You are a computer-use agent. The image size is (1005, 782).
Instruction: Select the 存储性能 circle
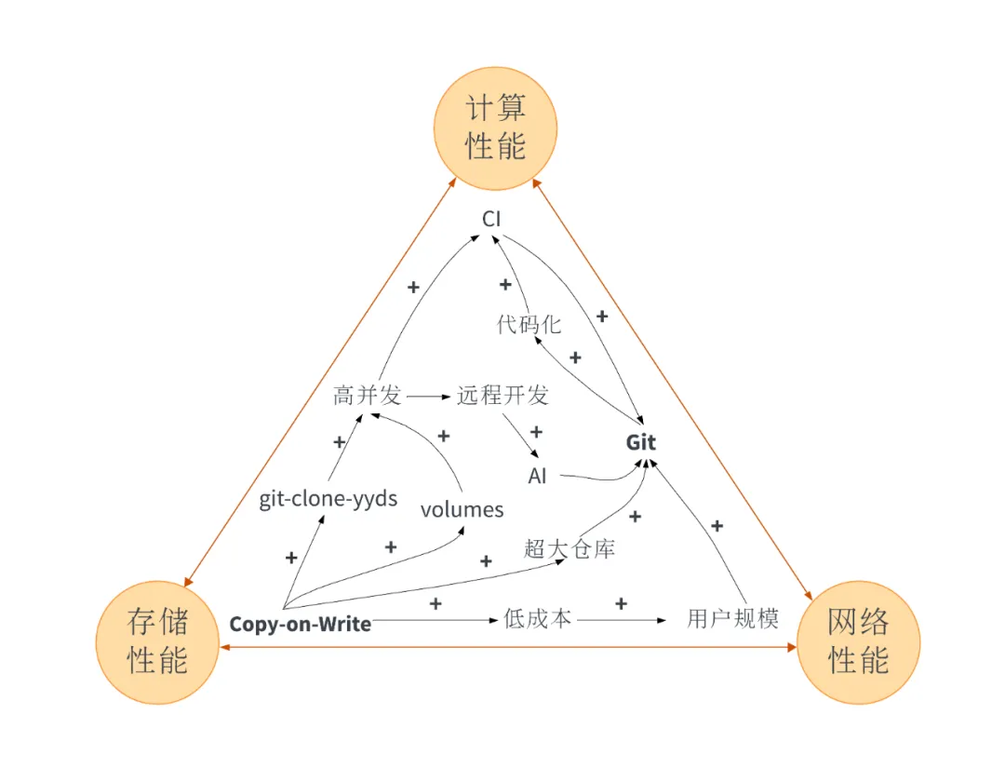pyautogui.click(x=157, y=641)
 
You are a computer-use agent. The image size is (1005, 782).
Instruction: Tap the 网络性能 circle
pyautogui.click(x=858, y=641)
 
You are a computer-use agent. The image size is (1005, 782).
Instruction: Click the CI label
pyautogui.click(x=491, y=219)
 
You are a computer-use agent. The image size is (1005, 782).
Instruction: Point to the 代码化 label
pyautogui.click(x=529, y=325)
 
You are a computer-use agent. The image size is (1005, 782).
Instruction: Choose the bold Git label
pyautogui.click(x=640, y=442)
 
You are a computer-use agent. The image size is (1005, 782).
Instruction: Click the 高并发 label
pyautogui.click(x=367, y=395)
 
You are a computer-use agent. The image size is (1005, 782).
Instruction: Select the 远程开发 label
pyautogui.click(x=502, y=395)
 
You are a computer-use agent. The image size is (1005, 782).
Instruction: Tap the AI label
pyautogui.click(x=538, y=477)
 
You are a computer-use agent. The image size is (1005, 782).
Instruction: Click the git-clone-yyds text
pyautogui.click(x=328, y=499)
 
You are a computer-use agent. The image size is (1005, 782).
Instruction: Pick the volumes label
pyautogui.click(x=462, y=509)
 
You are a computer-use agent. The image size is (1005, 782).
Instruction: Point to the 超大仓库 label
pyautogui.click(x=569, y=548)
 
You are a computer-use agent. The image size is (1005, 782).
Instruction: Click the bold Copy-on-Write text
pyautogui.click(x=300, y=624)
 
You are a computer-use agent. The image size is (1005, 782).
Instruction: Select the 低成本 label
pyautogui.click(x=537, y=618)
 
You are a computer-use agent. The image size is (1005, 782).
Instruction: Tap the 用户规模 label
pyautogui.click(x=732, y=618)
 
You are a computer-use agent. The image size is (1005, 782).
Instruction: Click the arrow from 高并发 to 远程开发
pyautogui.click(x=428, y=397)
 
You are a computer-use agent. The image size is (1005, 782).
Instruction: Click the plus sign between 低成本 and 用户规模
pyautogui.click(x=621, y=603)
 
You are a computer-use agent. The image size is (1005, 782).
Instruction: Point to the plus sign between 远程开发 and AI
pyautogui.click(x=535, y=432)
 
